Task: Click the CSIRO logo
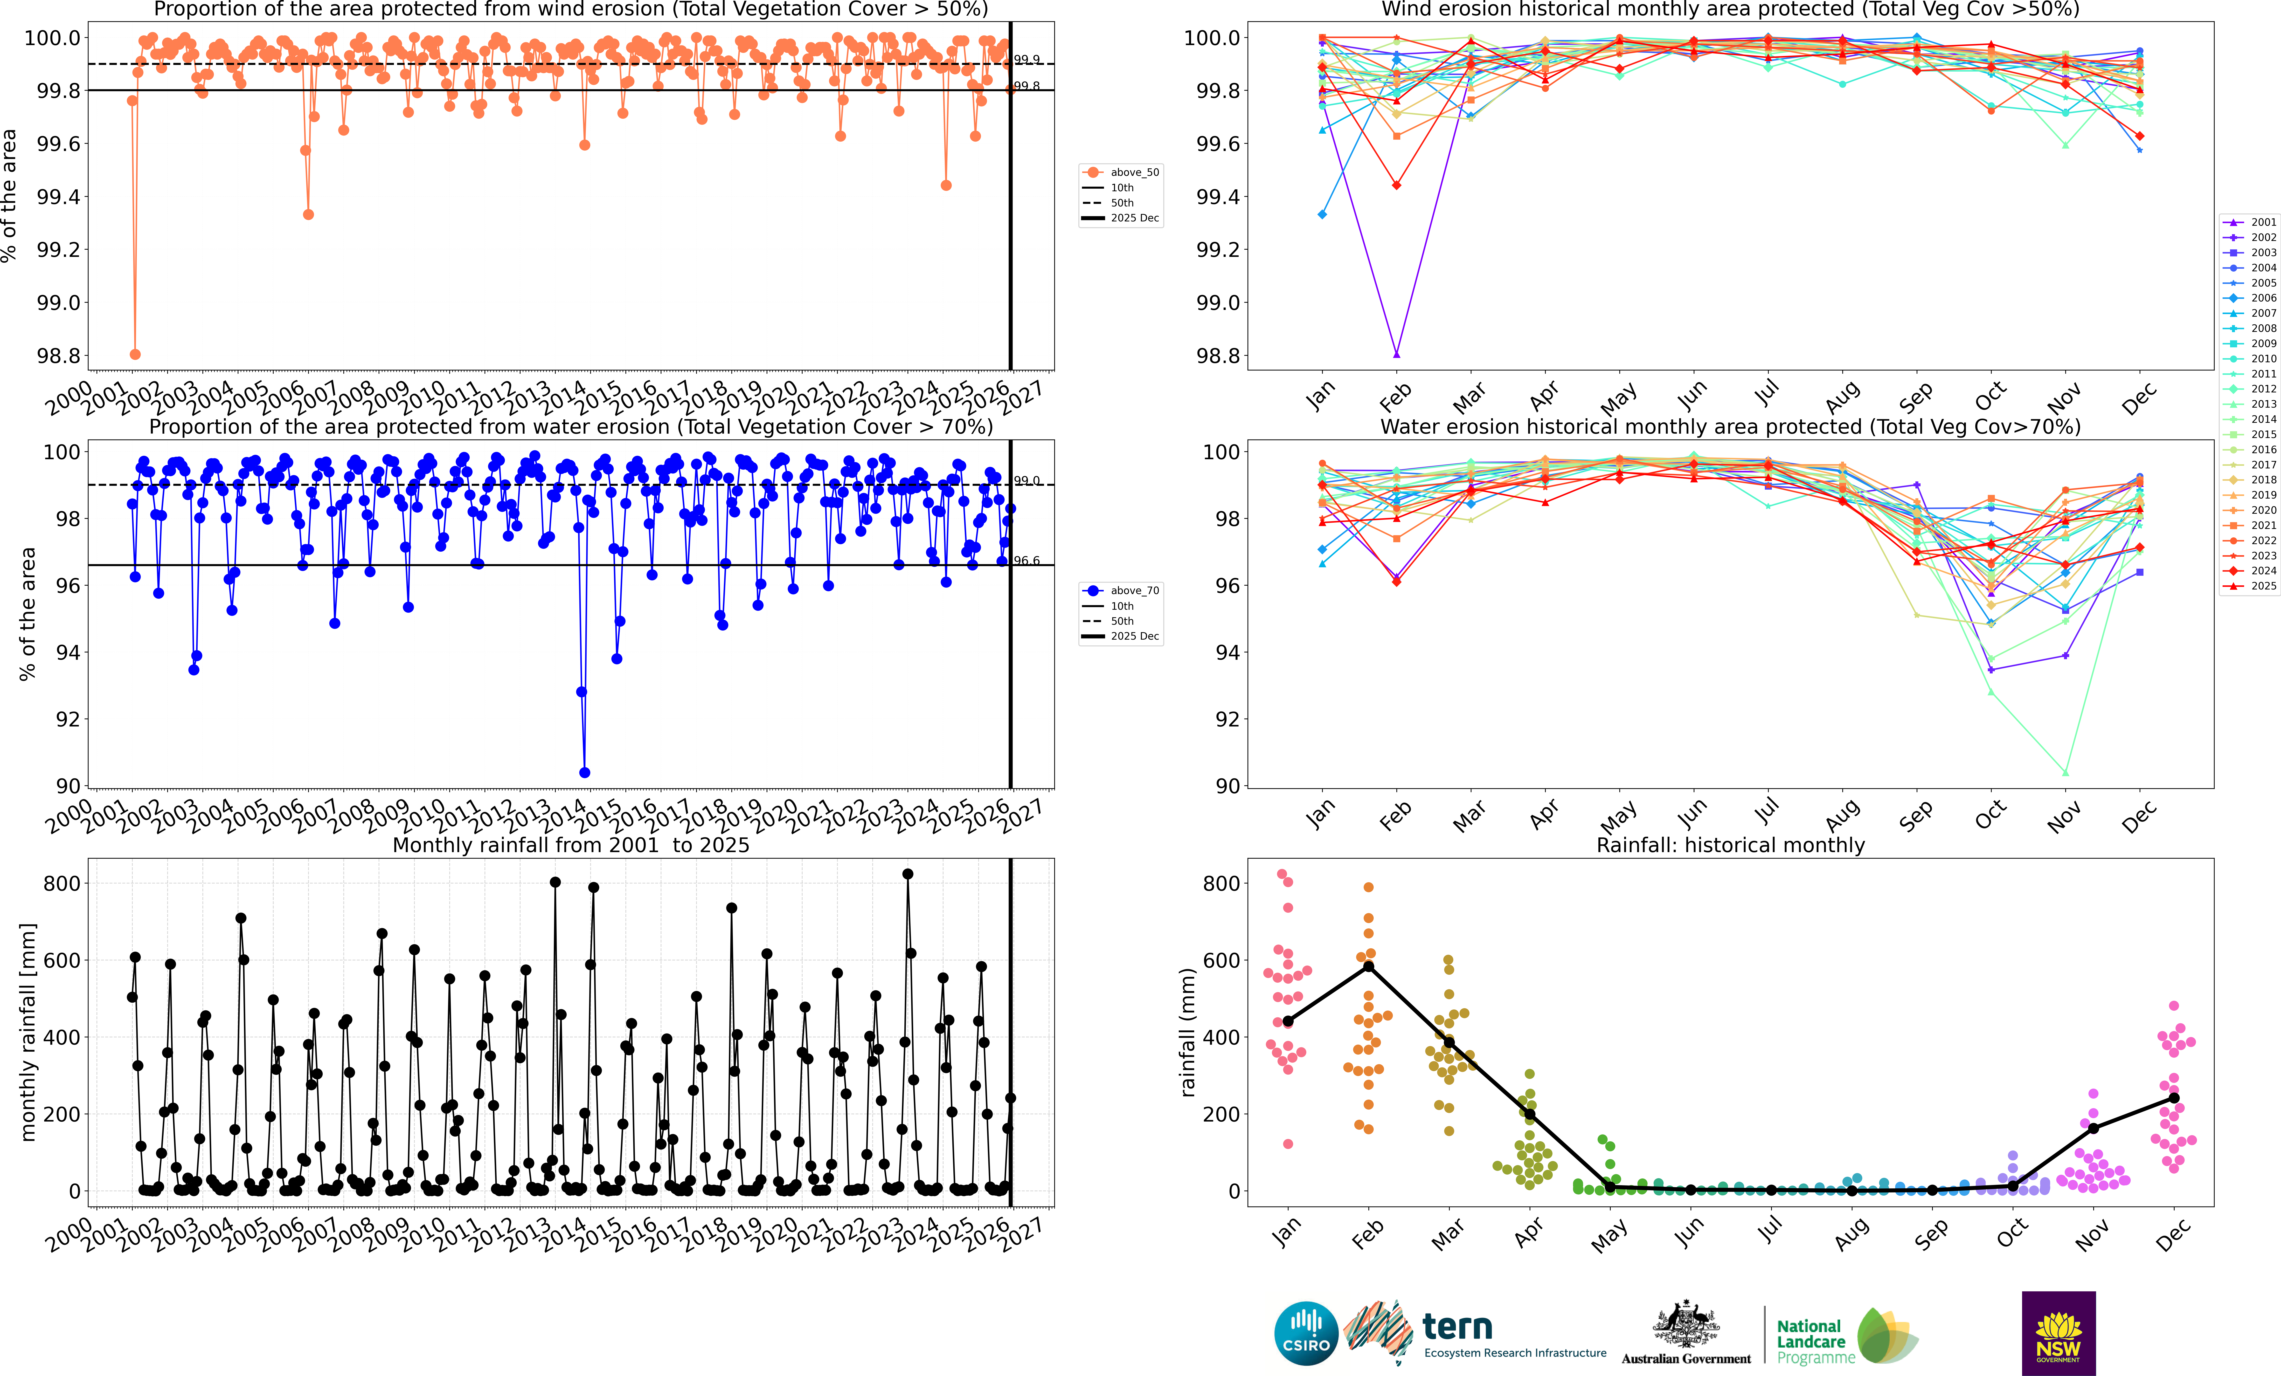pos(1306,1334)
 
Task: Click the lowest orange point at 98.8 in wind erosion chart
pos(135,354)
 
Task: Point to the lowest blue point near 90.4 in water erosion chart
pos(584,773)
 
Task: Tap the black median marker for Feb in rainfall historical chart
pos(1368,966)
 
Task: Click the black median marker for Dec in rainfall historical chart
pos(2174,1098)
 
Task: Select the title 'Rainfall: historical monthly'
pos(1730,845)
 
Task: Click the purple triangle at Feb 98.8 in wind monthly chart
pos(1396,354)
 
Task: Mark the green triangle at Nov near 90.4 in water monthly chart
pos(2065,773)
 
